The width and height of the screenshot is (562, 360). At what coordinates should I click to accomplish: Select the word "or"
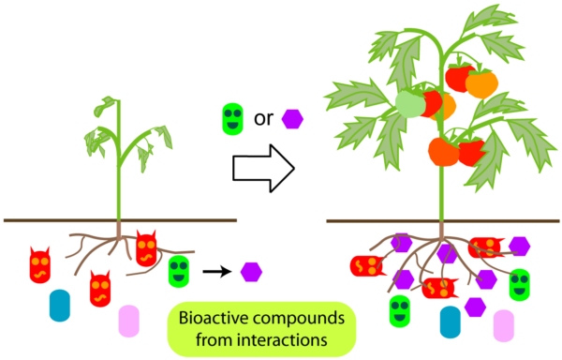pos(263,119)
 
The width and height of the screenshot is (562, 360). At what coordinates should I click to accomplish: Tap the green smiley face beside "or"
pos(232,119)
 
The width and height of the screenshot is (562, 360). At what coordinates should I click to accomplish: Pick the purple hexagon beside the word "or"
pos(292,119)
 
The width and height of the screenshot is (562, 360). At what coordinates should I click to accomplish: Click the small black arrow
pos(217,272)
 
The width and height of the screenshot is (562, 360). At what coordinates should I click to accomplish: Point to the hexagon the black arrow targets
pos(251,272)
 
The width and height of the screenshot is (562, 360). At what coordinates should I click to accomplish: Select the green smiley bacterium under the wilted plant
pos(179,272)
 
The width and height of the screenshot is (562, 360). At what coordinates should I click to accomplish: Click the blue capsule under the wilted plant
pos(60,306)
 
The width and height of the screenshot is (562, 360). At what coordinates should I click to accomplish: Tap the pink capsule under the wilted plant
pos(128,321)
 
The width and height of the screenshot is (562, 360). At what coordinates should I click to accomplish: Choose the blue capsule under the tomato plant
pos(451,322)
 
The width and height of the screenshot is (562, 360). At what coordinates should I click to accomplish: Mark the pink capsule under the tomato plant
pos(504,326)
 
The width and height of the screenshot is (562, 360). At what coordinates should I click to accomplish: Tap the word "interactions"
pos(283,339)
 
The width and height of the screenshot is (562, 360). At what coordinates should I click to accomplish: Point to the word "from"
pos(214,339)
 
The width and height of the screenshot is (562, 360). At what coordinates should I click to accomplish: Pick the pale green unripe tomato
pos(410,104)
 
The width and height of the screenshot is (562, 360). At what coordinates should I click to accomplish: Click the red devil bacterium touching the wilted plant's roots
pos(146,248)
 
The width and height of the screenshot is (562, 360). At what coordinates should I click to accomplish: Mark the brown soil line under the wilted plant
pos(120,220)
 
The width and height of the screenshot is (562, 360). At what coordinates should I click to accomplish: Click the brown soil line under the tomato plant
pos(443,221)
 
